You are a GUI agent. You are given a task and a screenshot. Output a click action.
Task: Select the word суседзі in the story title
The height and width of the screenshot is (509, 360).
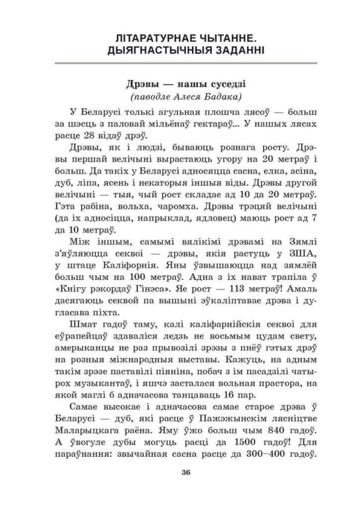click(220, 84)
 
